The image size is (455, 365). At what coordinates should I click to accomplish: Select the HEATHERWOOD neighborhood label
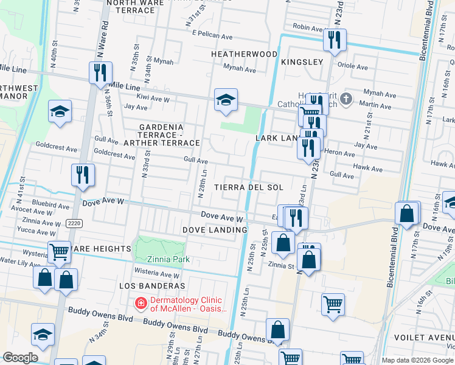tap(244, 54)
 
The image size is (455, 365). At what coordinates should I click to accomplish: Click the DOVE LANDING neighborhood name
tap(215, 230)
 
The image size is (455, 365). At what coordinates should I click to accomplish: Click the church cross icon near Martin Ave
tap(346, 99)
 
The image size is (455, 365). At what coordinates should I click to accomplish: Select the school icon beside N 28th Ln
tap(226, 100)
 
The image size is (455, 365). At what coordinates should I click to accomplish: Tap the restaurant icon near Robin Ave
tap(335, 40)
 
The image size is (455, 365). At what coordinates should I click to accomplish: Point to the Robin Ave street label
tap(308, 27)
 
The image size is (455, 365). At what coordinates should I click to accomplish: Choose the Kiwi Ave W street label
tap(153, 98)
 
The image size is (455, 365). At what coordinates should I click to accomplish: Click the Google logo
tap(19, 358)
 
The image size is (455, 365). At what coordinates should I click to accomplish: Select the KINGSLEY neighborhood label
tap(302, 62)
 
